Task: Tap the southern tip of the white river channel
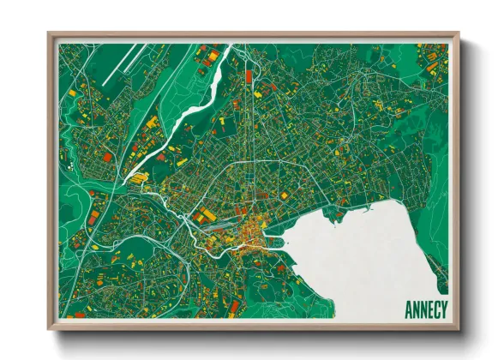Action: point(128,179)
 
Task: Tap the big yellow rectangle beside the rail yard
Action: point(206,214)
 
